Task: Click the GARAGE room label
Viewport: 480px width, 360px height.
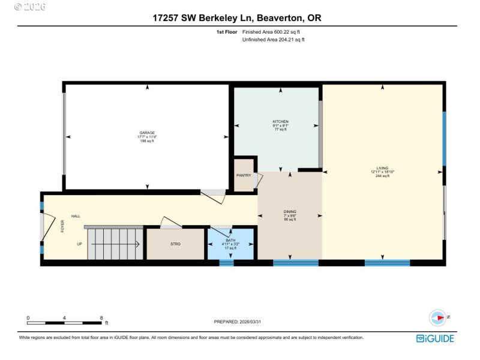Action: (147, 133)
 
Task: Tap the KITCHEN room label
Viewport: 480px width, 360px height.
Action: (281, 121)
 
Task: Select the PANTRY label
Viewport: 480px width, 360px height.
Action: (244, 176)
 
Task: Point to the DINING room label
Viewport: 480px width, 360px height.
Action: (290, 212)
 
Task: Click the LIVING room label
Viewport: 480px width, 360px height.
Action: (382, 169)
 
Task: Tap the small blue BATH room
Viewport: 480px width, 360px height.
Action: (231, 245)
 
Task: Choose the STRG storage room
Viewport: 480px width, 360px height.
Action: (175, 244)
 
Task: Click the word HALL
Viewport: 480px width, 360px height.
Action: (76, 216)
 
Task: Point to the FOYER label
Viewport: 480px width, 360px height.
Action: (62, 227)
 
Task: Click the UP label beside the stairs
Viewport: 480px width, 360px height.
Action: (79, 244)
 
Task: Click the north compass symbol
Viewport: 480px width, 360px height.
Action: (439, 317)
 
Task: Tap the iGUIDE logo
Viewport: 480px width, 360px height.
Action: (435, 339)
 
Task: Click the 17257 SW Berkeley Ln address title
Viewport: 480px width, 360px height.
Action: (236, 19)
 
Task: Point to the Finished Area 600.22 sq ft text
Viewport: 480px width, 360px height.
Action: (273, 32)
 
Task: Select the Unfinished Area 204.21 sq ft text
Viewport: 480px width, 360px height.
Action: (273, 40)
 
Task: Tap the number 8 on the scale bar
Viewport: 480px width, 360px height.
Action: (101, 318)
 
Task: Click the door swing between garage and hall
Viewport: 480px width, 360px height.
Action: (214, 196)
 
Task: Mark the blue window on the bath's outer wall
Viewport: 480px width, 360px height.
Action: (226, 262)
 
